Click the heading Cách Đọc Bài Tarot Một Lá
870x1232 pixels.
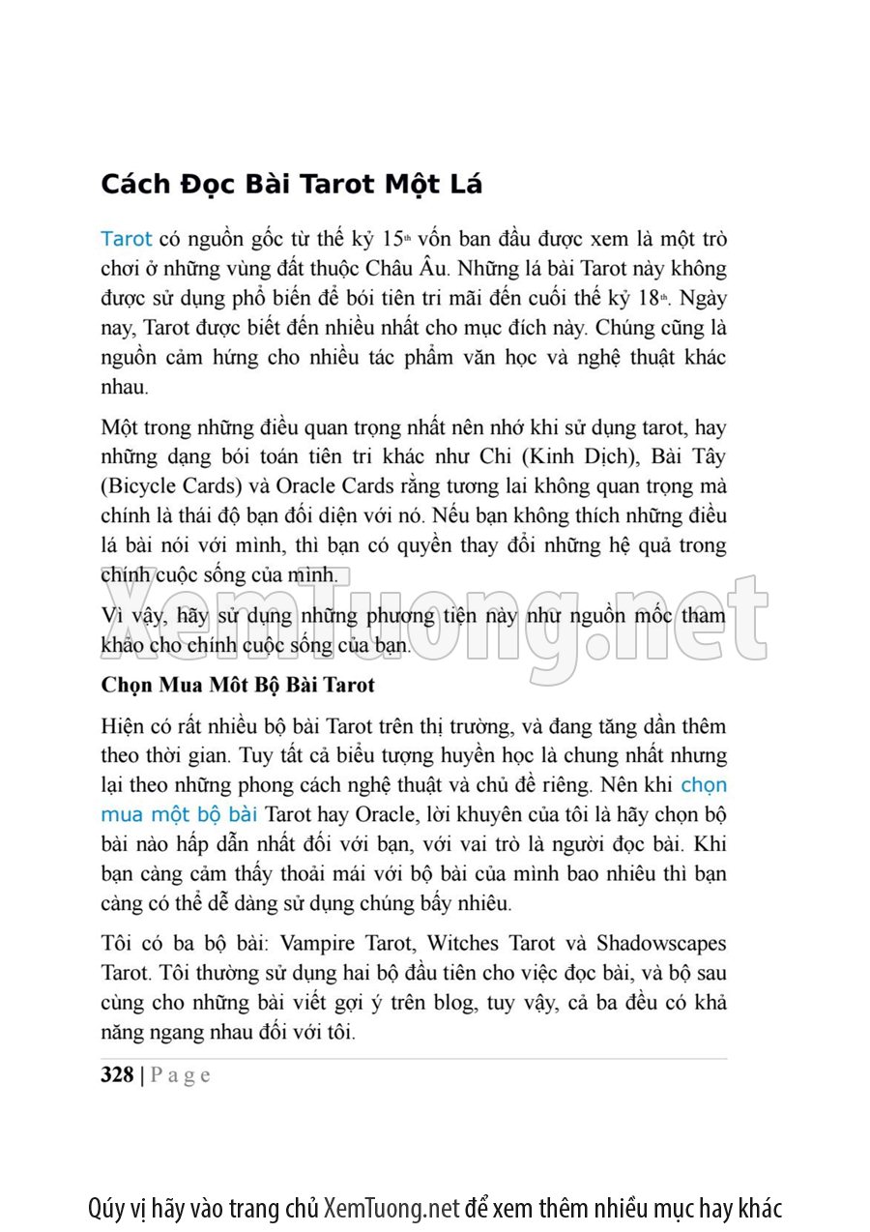point(291,185)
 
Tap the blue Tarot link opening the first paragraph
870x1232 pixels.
point(126,239)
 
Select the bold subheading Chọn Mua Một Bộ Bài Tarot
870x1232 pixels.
point(238,685)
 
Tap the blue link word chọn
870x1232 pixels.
point(704,784)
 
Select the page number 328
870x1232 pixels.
point(117,1075)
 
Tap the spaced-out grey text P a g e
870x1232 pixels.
point(180,1075)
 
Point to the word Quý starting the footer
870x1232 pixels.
point(105,1208)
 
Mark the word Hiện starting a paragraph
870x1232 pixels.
point(122,725)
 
